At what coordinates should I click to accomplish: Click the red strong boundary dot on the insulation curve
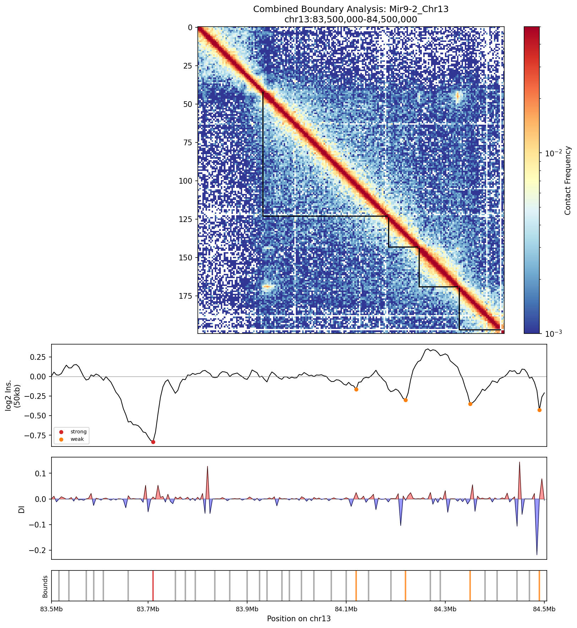tap(153, 442)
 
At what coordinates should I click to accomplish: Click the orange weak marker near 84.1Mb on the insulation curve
tap(356, 389)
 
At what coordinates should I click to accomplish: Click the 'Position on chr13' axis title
tap(299, 619)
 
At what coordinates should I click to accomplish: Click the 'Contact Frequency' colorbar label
tap(567, 180)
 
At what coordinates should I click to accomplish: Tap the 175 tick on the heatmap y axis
tap(187, 296)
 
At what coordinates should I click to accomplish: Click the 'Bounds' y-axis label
tap(45, 586)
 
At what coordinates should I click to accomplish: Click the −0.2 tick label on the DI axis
tap(40, 550)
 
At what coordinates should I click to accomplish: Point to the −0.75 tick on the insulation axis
tap(38, 435)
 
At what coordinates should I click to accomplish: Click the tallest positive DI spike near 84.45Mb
tap(519, 462)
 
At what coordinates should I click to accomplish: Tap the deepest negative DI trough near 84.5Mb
tap(537, 554)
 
